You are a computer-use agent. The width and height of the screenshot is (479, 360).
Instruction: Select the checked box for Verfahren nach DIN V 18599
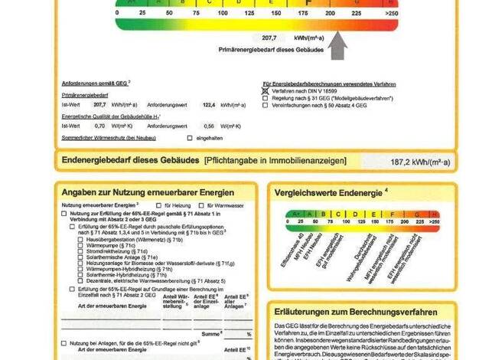(266, 90)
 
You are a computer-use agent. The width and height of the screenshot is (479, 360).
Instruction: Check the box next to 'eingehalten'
(190, 138)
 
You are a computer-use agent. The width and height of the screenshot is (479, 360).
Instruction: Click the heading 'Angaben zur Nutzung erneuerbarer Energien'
(147, 192)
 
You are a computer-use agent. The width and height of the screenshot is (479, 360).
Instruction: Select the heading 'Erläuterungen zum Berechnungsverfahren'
(356, 313)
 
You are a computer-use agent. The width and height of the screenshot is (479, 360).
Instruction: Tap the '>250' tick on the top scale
(392, 13)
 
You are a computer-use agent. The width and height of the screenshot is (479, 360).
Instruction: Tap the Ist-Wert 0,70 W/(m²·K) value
(99, 126)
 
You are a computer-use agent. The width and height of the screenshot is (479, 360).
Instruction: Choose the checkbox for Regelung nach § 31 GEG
(266, 98)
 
